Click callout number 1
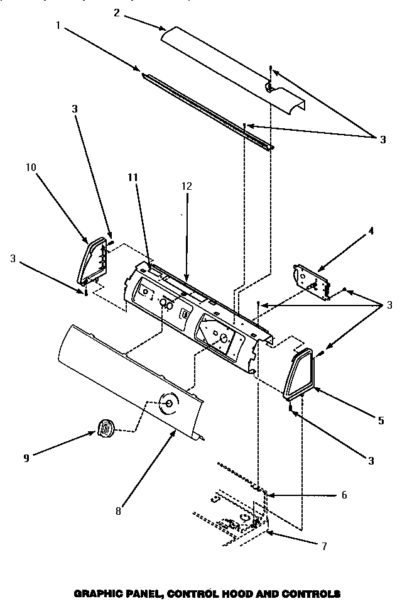[58, 26]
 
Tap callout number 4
[371, 231]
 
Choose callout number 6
[344, 495]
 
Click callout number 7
[323, 546]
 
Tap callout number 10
[31, 168]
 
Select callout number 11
[133, 178]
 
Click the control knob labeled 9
[105, 429]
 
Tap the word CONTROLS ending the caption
[311, 593]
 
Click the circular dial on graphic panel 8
[168, 404]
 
